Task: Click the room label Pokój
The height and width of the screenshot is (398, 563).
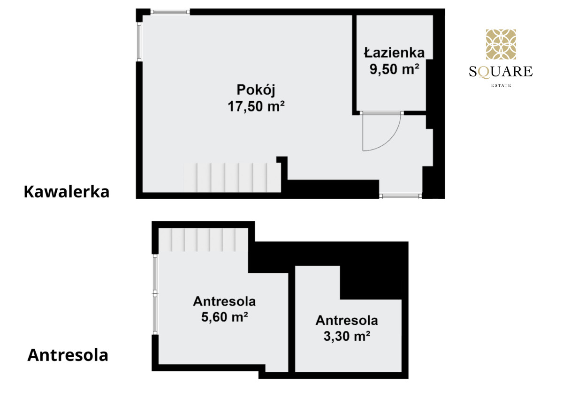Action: pos(256,90)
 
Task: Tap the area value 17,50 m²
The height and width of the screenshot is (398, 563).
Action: pos(256,106)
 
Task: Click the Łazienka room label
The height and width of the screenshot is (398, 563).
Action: pos(395,53)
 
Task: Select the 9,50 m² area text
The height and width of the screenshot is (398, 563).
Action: pos(395,69)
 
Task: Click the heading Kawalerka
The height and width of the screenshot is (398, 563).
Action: pos(67,192)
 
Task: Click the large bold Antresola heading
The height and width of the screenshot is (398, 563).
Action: pos(68,355)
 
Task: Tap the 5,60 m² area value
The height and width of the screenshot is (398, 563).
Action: pos(224,317)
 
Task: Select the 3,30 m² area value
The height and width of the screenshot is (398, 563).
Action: pos(347,336)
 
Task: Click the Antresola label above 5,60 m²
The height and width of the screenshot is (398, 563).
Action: pos(224,301)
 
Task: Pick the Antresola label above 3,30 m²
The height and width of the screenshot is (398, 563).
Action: pos(347,320)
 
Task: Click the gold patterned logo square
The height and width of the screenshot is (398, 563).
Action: pos(501,45)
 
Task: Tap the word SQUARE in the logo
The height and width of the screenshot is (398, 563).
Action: pos(501,72)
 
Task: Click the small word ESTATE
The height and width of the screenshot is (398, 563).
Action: pos(501,85)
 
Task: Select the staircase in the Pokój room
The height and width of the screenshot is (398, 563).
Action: pos(232,178)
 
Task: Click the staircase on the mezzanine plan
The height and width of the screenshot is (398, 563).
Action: pos(203,240)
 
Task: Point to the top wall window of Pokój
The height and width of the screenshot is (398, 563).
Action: pos(170,12)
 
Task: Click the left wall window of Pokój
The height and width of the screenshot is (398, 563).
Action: pos(139,42)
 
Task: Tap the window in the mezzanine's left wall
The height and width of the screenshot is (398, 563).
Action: pos(155,294)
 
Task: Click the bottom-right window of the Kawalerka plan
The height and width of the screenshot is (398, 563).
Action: pos(400,196)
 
